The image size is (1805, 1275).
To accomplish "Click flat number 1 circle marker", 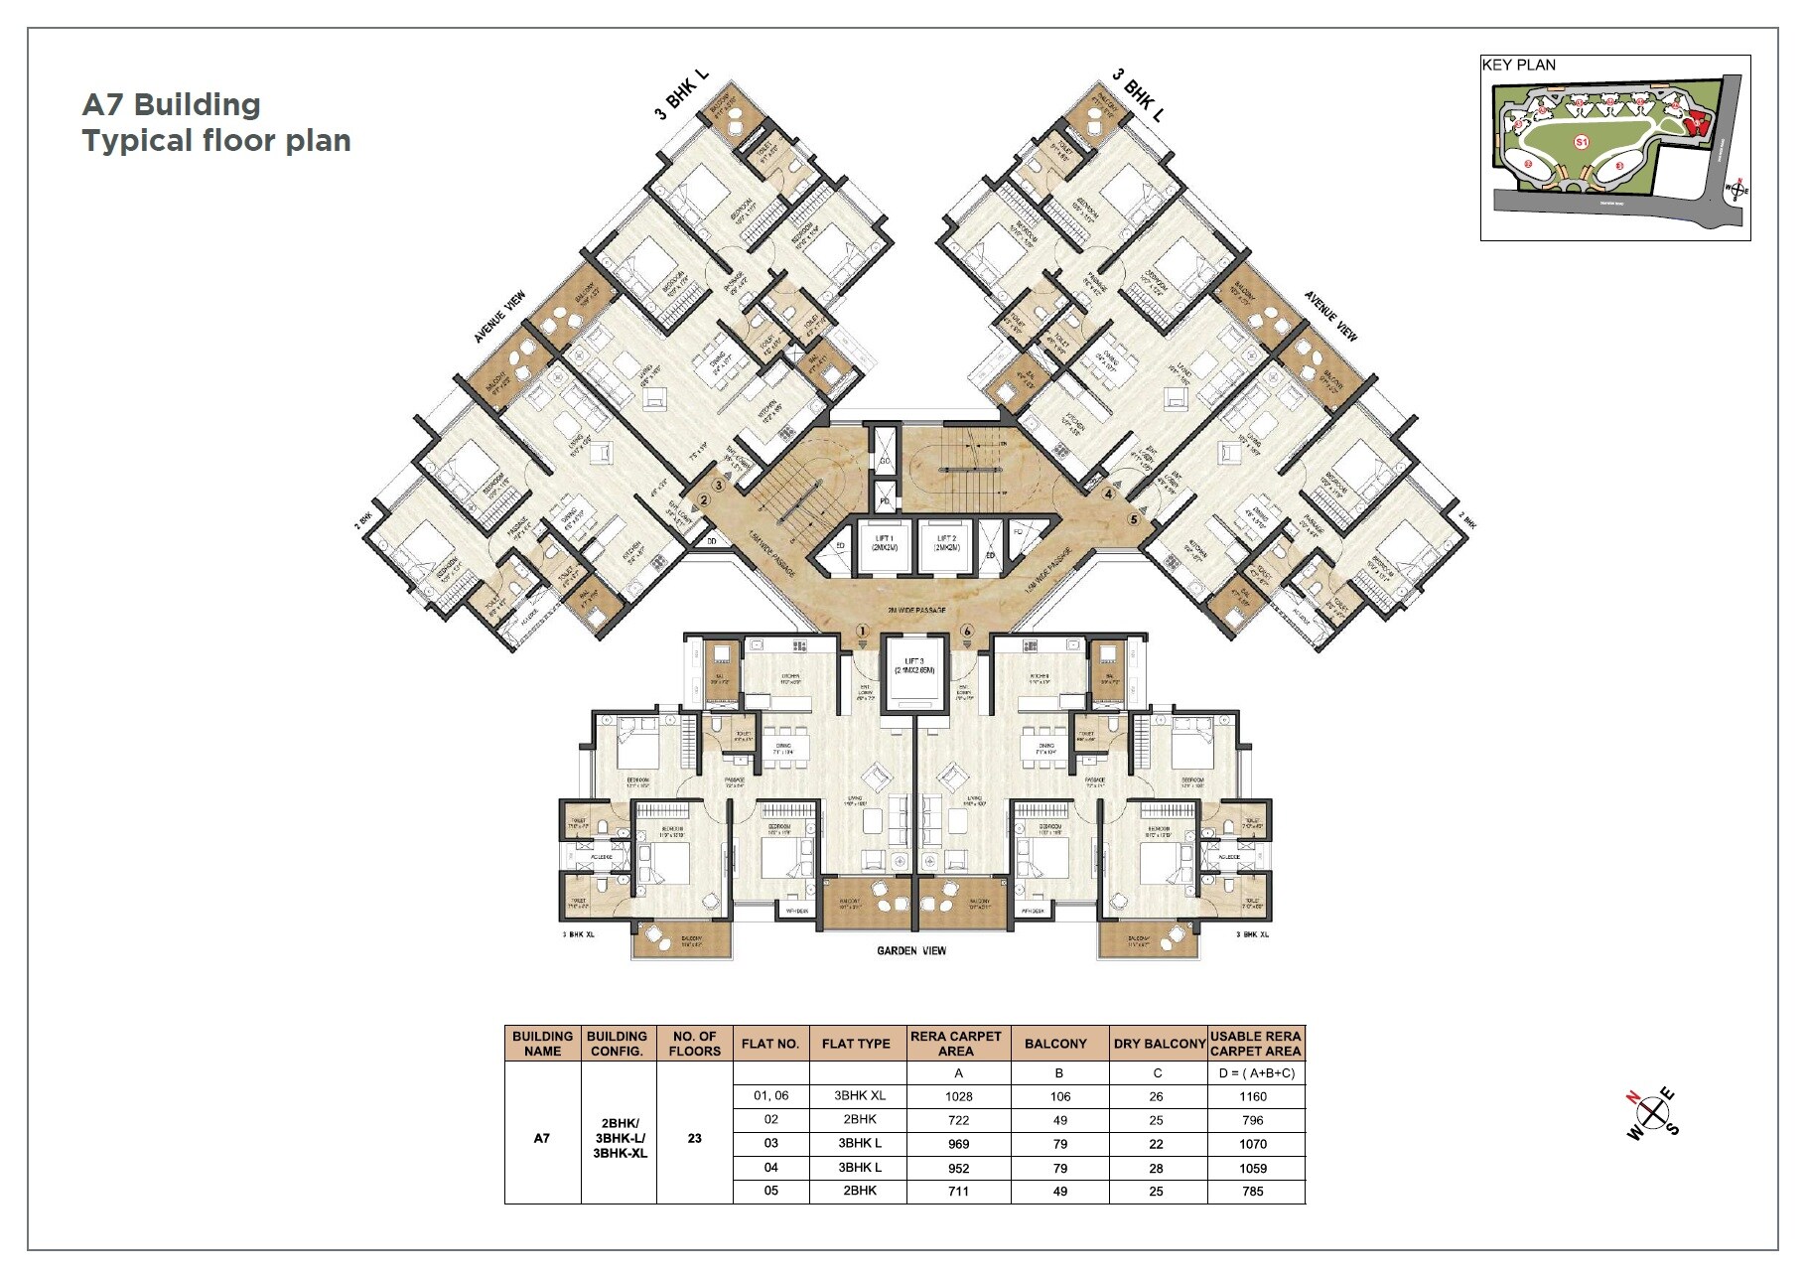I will tap(863, 631).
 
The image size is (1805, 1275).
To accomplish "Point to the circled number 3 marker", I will tap(718, 486).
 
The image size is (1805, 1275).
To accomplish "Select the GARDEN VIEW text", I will tap(911, 950).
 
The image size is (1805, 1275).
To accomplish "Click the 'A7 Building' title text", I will tap(171, 104).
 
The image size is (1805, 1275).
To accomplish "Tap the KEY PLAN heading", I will tap(1518, 66).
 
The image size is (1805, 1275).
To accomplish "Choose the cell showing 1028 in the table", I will tap(959, 1096).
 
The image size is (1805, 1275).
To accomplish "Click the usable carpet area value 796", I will tap(1252, 1120).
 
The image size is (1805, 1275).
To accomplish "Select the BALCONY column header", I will tap(1055, 1043).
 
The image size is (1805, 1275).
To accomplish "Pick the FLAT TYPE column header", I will tap(856, 1043).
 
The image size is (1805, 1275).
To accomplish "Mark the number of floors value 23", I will tap(694, 1138).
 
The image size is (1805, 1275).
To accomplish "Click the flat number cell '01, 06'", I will tap(770, 1096).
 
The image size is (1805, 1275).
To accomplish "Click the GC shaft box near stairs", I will tap(884, 462).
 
